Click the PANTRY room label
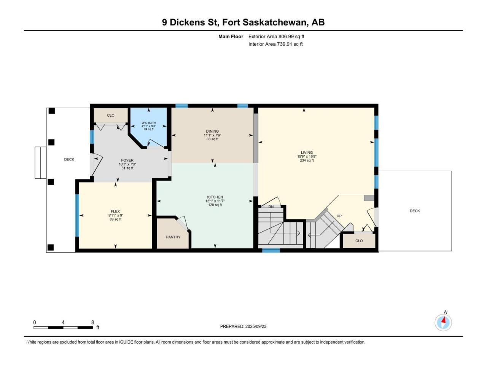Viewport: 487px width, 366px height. click(x=173, y=237)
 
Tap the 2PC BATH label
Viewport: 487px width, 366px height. click(x=149, y=123)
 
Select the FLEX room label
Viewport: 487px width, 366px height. click(x=115, y=211)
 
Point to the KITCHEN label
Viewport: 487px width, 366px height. click(x=215, y=197)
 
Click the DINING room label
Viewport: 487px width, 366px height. click(x=212, y=131)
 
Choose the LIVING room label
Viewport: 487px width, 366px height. click(x=307, y=152)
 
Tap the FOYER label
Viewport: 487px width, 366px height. click(x=127, y=160)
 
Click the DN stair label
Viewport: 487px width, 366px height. click(x=271, y=207)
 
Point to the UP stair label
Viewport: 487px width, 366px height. click(x=339, y=216)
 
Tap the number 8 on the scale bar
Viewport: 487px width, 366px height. click(x=92, y=322)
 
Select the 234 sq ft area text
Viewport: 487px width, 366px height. click(x=307, y=161)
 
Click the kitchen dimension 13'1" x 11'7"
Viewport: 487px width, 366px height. click(x=215, y=201)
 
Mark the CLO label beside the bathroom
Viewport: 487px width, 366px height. click(x=110, y=116)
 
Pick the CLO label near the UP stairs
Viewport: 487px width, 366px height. click(x=359, y=241)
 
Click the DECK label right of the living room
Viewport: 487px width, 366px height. click(x=415, y=211)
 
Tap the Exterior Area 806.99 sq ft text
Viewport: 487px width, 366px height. click(x=276, y=37)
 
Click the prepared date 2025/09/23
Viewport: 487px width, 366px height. click(x=256, y=326)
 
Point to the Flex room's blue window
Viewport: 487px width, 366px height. click(x=77, y=215)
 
